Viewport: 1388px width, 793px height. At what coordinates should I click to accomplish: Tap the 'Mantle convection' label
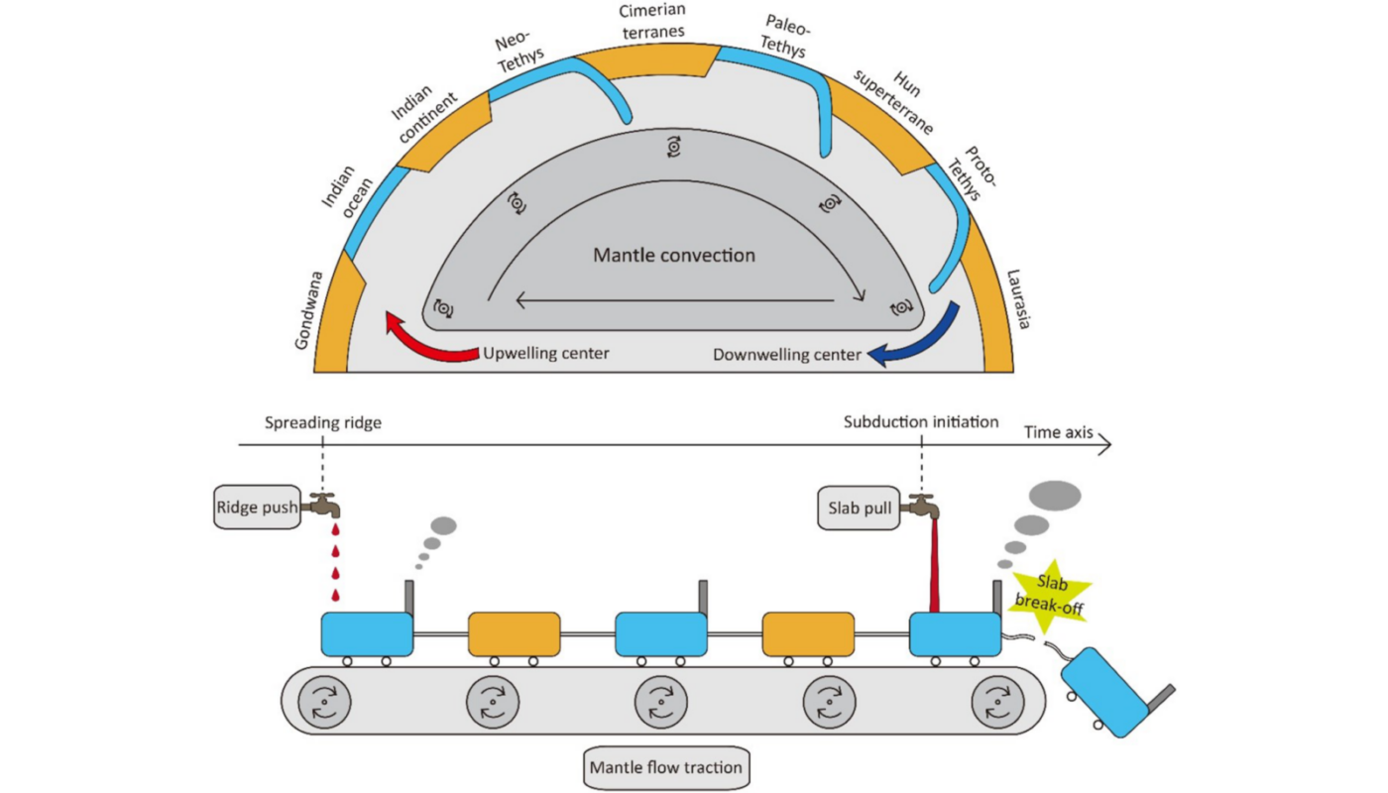(x=674, y=255)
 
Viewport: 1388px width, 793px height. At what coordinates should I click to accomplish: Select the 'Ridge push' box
(x=249, y=509)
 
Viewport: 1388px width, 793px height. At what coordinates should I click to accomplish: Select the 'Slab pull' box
(x=858, y=510)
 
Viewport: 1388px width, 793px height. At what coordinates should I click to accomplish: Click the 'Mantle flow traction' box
(x=665, y=766)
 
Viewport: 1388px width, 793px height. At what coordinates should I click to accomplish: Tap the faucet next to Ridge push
(x=323, y=505)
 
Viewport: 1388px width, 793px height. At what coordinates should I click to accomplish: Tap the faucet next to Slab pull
(x=923, y=505)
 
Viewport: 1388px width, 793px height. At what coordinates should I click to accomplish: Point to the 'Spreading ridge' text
(x=322, y=422)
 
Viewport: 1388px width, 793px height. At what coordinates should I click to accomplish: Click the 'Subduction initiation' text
(x=921, y=421)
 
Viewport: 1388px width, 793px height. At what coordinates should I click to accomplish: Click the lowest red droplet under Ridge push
(x=335, y=595)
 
